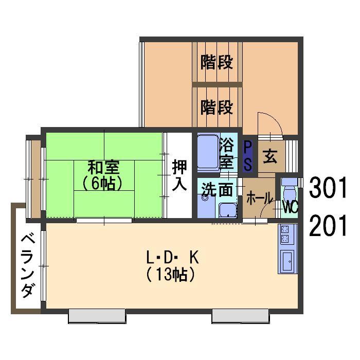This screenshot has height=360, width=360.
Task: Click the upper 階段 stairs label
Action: point(217,63)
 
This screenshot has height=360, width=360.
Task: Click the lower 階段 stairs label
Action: point(217,107)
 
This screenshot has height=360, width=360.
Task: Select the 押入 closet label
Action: point(179,175)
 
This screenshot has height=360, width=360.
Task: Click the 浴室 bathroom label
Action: point(226,153)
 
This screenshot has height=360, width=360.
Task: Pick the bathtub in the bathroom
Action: point(208,153)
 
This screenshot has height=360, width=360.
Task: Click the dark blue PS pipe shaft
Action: point(248,156)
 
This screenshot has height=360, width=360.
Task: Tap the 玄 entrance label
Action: point(270,157)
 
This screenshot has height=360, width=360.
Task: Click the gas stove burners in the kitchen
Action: point(286,235)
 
